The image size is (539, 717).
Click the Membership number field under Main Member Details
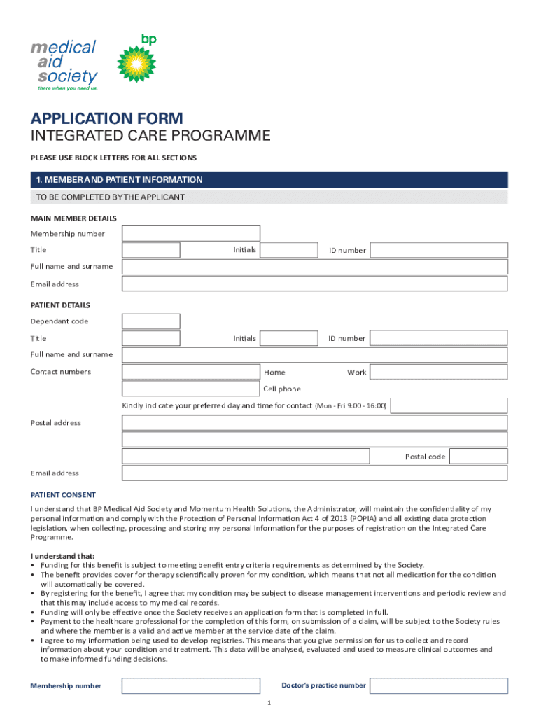(x=190, y=233)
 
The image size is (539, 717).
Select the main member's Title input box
(x=151, y=250)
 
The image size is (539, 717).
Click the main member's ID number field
(x=438, y=250)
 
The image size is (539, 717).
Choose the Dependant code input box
(x=151, y=321)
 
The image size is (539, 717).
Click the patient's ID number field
(x=438, y=338)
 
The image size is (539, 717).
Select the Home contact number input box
(x=190, y=372)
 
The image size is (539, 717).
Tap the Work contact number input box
(x=438, y=372)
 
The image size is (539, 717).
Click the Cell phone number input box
(x=190, y=389)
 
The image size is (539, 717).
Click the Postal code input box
(x=478, y=457)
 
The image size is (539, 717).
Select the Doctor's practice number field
(x=438, y=685)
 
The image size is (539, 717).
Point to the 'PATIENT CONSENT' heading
(x=63, y=494)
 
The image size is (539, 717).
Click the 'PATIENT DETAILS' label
(x=60, y=305)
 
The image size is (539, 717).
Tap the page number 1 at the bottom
(x=269, y=702)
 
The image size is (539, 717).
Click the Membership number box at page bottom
(x=190, y=685)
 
